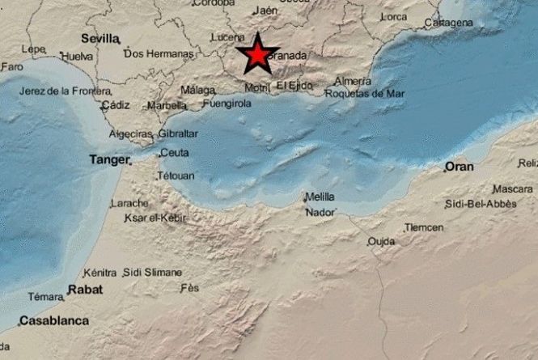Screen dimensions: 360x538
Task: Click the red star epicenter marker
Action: coord(256,55)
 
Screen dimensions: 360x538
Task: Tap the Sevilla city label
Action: coord(100,38)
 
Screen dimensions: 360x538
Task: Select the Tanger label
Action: coord(109,160)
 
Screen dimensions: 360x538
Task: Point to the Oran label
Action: coord(459,167)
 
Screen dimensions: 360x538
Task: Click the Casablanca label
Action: coord(54,321)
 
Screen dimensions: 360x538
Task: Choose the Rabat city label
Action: coord(84,289)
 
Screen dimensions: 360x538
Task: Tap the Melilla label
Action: coord(319,197)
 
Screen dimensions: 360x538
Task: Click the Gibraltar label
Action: coord(178,133)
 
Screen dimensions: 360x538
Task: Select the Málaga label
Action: coord(197,90)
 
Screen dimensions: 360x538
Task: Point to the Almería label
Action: coord(353,81)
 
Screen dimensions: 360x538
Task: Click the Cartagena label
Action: coord(448,23)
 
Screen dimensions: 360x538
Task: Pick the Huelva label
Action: coord(77,57)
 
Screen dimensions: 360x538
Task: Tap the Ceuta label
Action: coord(174,152)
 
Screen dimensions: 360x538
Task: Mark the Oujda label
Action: coord(381,241)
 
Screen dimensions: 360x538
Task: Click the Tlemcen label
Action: coord(424,227)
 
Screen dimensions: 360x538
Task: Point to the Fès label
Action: coord(190,288)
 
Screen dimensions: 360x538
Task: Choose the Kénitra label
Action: coord(100,273)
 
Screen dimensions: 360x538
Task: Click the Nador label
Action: coord(318,213)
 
